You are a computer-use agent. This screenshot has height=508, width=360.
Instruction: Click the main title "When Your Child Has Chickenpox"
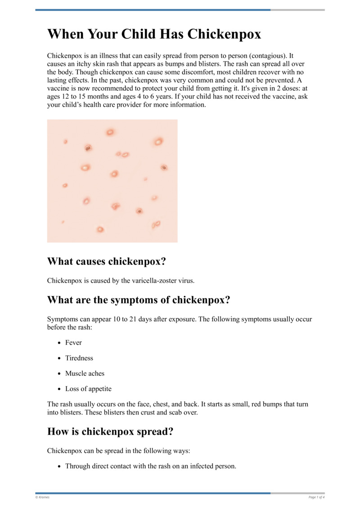tap(154, 35)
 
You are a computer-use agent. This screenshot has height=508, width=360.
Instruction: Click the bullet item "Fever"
tap(73, 343)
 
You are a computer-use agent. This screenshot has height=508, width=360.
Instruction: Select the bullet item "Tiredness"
tap(79, 358)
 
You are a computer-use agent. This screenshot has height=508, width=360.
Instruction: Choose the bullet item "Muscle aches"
tap(85, 373)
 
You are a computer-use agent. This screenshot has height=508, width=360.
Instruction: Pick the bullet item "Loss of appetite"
tap(88, 388)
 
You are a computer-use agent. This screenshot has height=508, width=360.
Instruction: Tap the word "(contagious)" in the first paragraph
tap(265, 56)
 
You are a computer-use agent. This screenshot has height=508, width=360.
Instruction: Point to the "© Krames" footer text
tap(42, 497)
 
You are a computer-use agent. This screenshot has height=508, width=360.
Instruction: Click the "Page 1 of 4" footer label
tap(316, 497)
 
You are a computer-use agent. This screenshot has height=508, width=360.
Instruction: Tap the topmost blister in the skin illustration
tap(110, 132)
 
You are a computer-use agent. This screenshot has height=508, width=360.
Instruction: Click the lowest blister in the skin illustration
tap(100, 229)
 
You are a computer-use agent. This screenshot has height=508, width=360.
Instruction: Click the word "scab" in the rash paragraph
tap(183, 412)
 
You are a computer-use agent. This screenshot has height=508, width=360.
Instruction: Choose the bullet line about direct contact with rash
tap(150, 466)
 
